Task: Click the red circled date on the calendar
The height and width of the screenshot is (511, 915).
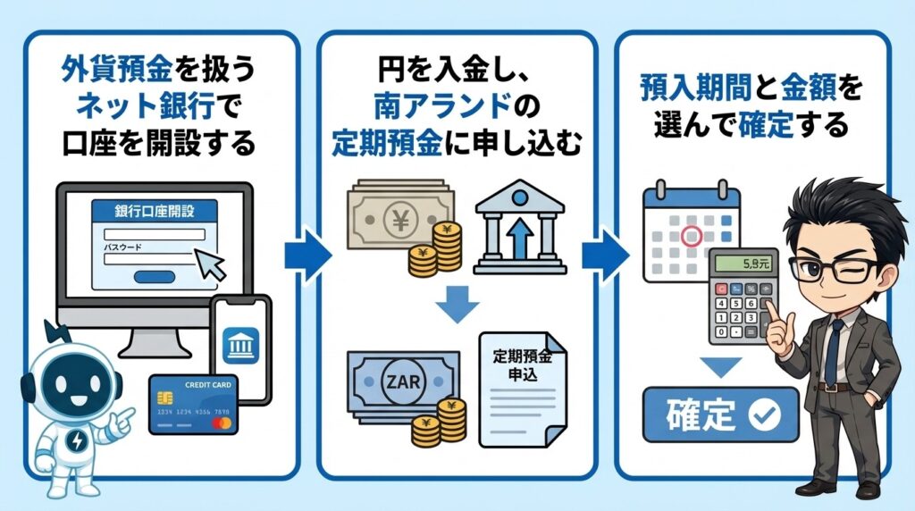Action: [691, 237]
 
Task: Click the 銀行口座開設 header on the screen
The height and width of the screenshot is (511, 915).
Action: [155, 212]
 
